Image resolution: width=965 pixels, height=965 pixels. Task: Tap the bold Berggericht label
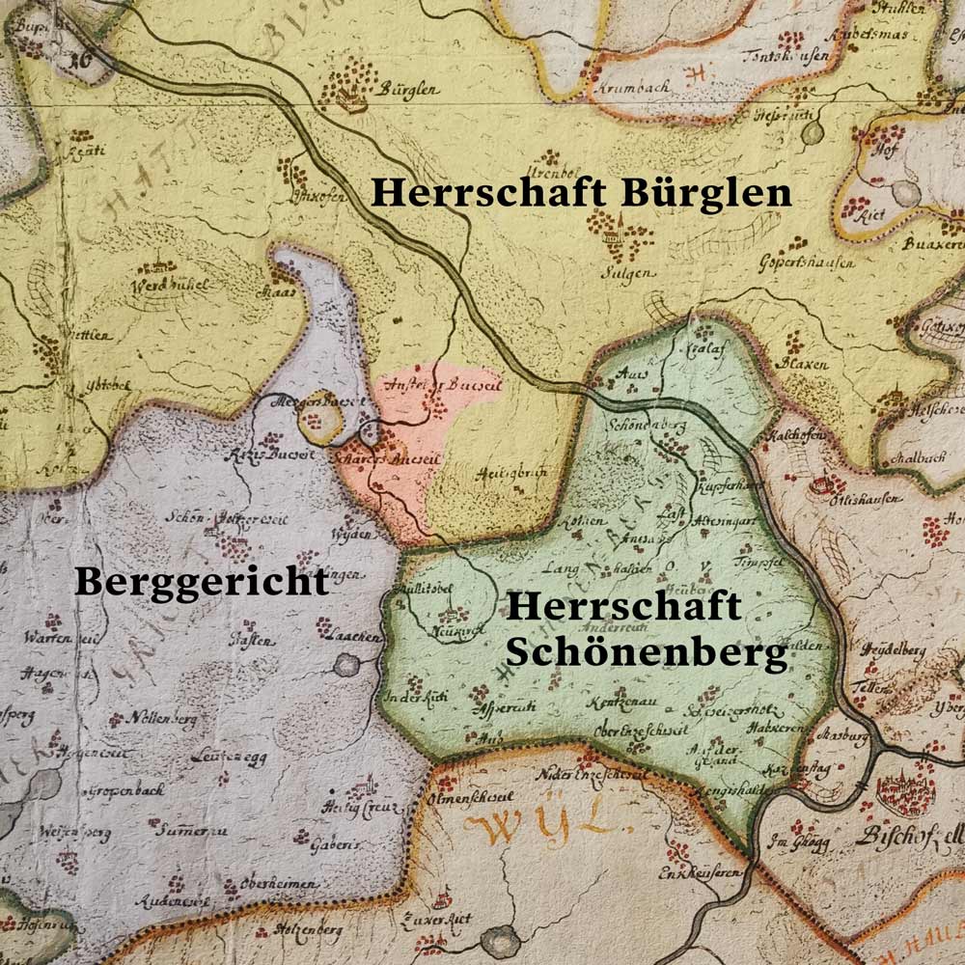[x=202, y=583]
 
